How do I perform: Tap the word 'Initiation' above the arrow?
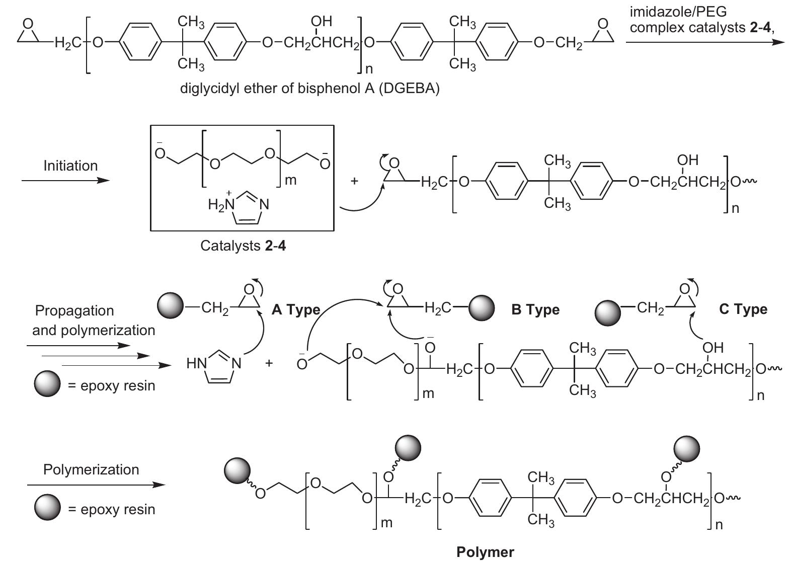click(70, 166)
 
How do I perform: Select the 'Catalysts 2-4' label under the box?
click(243, 246)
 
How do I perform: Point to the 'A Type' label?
click(295, 310)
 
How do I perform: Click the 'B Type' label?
click(535, 310)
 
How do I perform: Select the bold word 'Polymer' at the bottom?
click(485, 552)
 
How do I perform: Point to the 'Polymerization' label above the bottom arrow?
click(91, 469)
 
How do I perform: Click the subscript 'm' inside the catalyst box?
click(290, 180)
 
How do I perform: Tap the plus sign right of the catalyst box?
click(354, 181)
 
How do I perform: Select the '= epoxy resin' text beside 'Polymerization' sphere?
click(111, 509)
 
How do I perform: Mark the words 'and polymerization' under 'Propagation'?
click(94, 330)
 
